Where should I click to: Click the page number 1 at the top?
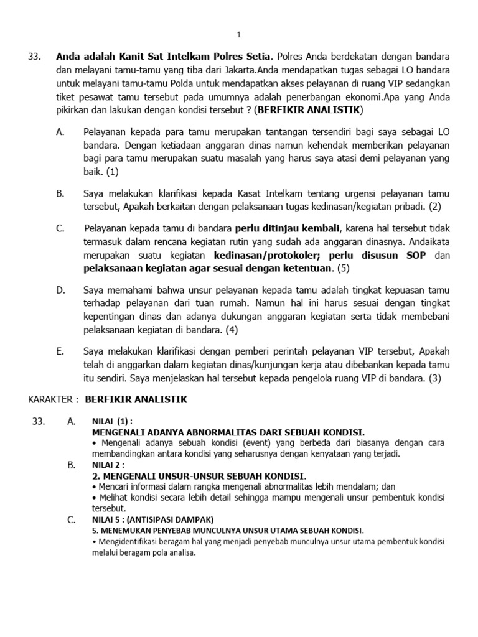(239, 35)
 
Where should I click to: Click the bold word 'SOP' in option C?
(413, 255)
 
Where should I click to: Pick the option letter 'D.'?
(60, 290)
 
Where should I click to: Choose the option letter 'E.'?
(60, 351)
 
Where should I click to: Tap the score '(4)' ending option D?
(232, 330)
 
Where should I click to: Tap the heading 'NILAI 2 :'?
(108, 465)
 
